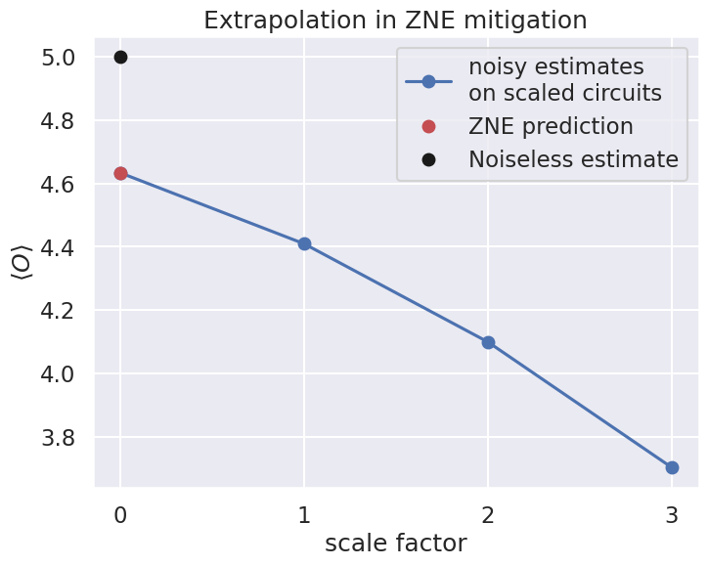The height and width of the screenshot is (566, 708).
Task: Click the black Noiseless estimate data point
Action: click(120, 57)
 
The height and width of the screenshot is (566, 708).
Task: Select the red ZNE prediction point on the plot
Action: click(120, 173)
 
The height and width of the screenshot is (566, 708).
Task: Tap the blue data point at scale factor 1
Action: click(304, 243)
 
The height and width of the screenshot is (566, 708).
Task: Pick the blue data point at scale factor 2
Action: click(488, 342)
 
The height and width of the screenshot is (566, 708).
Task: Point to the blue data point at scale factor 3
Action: click(672, 467)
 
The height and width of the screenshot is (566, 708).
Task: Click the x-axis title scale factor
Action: click(395, 543)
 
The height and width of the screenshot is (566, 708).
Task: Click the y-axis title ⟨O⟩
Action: click(22, 263)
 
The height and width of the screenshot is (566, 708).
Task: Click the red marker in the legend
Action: click(428, 127)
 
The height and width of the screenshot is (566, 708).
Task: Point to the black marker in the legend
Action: click(428, 159)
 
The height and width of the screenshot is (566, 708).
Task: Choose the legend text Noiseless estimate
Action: click(573, 159)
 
